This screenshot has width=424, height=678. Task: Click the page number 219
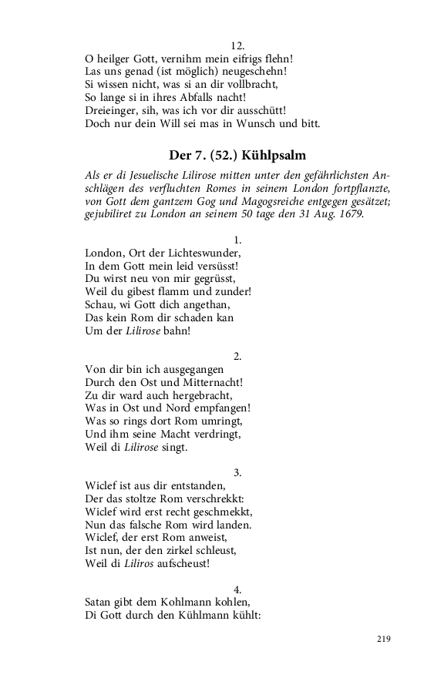point(385,639)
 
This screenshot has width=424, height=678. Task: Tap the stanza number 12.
point(237,45)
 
